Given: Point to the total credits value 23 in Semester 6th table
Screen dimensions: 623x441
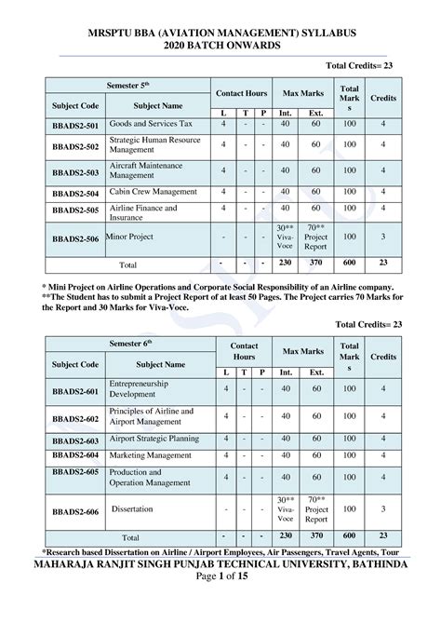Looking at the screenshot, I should tap(381, 537).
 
